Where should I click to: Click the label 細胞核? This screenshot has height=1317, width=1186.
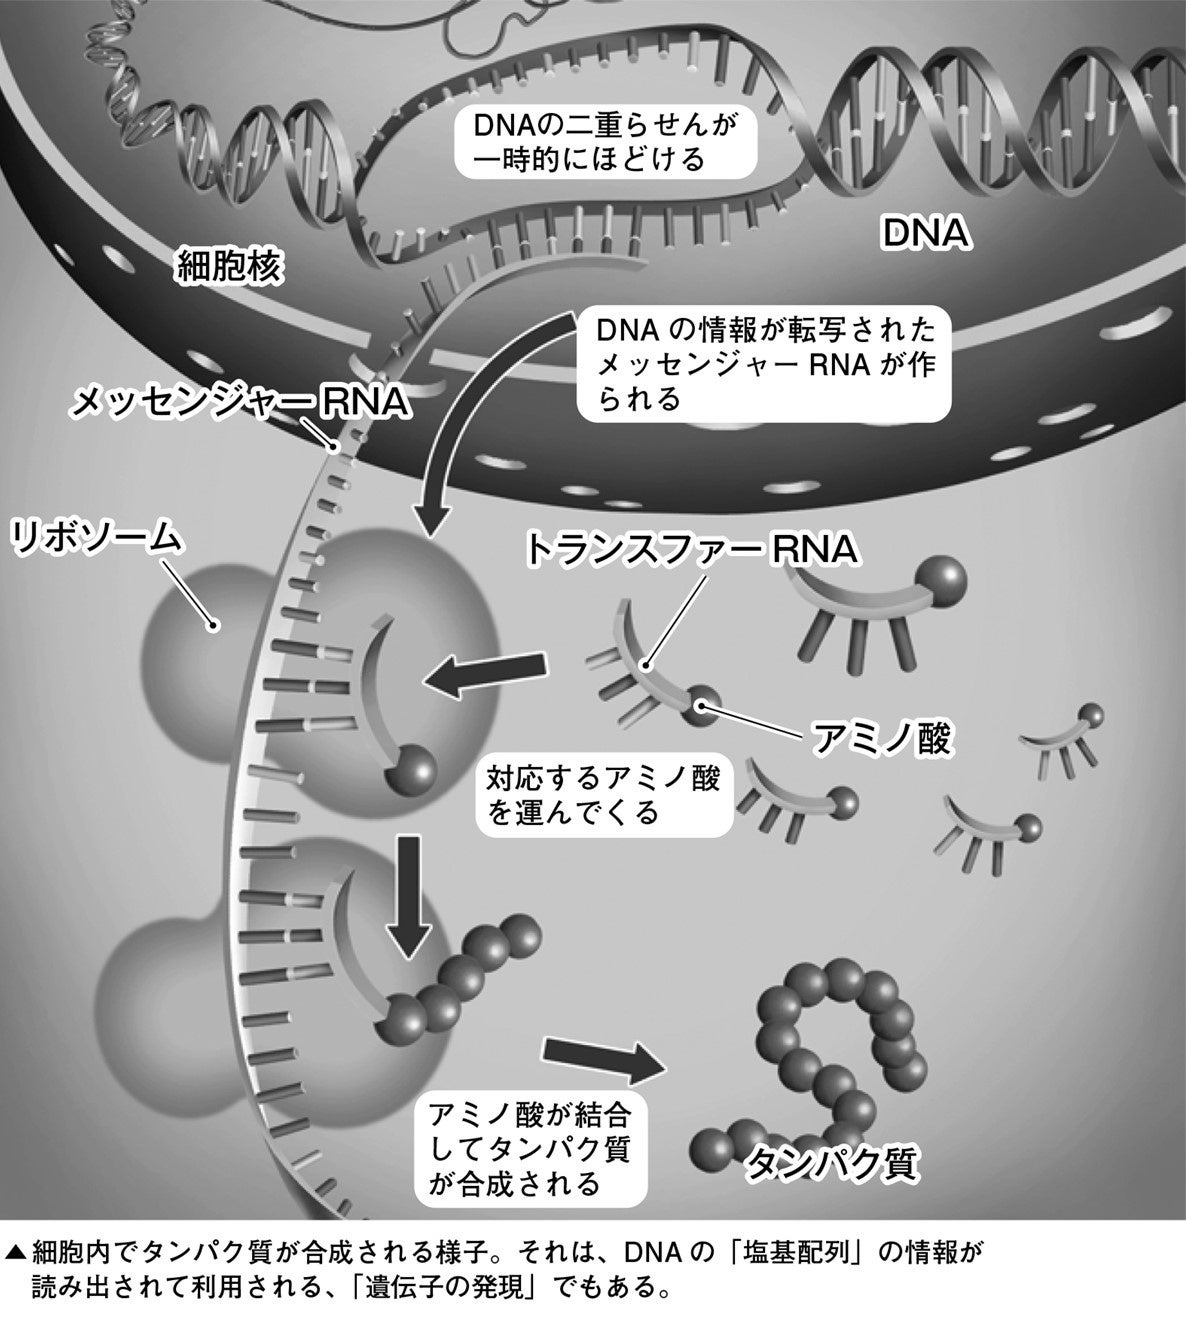[x=231, y=267]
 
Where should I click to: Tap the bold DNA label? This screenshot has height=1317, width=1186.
[x=926, y=234]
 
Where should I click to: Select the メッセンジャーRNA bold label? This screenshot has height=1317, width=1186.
[x=241, y=402]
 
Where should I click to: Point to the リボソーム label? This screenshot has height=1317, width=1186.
[x=97, y=538]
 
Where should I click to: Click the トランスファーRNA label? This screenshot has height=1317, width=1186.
[x=691, y=549]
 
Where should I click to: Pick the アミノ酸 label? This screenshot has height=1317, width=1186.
[x=879, y=740]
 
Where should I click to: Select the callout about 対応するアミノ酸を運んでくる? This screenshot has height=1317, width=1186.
[x=602, y=794]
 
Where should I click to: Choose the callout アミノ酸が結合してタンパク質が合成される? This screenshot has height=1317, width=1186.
[x=530, y=1148]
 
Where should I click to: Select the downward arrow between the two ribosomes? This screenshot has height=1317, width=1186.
[x=409, y=895]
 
